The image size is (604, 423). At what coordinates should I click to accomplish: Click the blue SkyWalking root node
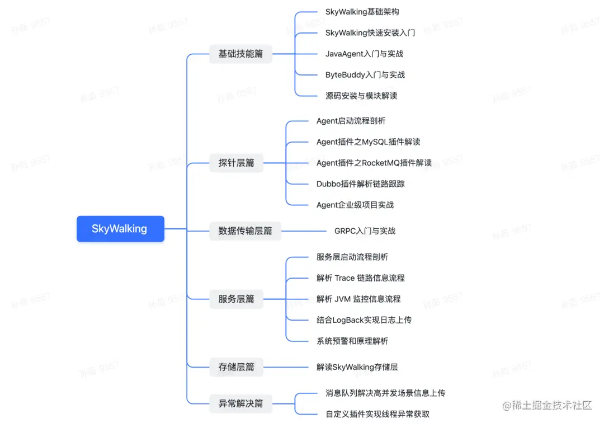click(x=120, y=229)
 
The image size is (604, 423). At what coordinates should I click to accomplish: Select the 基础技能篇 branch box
click(x=240, y=54)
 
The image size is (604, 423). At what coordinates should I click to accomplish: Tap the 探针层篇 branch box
click(x=236, y=163)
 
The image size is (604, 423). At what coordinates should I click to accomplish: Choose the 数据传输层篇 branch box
click(x=245, y=231)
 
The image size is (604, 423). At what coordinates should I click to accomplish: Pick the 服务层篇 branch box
click(x=236, y=299)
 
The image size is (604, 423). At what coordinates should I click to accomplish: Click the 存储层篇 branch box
click(x=236, y=367)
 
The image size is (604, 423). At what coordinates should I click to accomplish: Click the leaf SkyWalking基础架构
click(x=362, y=12)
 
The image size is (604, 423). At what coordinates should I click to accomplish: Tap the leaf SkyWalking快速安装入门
click(x=370, y=33)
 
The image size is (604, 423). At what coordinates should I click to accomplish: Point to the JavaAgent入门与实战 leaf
click(x=364, y=54)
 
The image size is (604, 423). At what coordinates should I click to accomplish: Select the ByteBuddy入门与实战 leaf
click(x=365, y=74)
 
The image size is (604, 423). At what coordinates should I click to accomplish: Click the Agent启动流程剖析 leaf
click(x=351, y=121)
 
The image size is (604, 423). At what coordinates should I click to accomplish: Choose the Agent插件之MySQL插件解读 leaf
click(x=368, y=142)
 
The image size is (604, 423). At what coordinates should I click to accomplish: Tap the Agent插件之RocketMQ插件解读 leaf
click(x=374, y=163)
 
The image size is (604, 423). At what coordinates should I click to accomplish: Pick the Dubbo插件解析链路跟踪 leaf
click(x=360, y=184)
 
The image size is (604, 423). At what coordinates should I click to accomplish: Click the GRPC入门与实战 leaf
click(x=365, y=231)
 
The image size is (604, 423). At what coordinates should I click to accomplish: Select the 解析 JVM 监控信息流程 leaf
click(x=358, y=299)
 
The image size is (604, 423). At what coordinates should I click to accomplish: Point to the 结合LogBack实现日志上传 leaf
click(x=364, y=320)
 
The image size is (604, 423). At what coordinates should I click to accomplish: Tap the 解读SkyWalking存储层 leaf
click(x=357, y=367)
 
